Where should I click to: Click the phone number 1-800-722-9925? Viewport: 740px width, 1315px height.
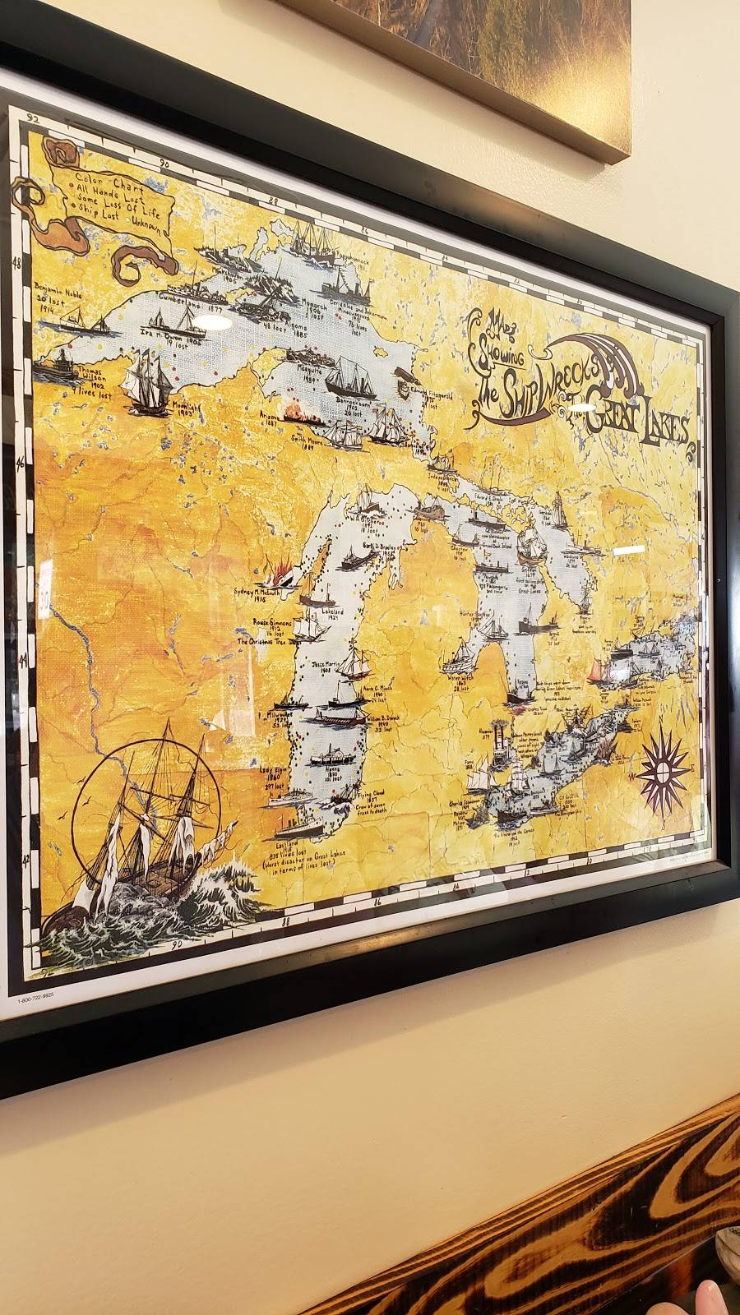40,1002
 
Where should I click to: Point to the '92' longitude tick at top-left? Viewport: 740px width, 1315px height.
35,118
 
